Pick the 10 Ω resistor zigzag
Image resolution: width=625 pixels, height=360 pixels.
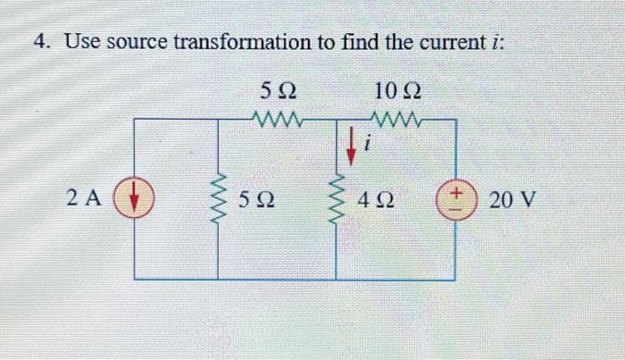396,118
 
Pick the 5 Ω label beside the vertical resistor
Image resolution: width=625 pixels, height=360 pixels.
255,198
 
